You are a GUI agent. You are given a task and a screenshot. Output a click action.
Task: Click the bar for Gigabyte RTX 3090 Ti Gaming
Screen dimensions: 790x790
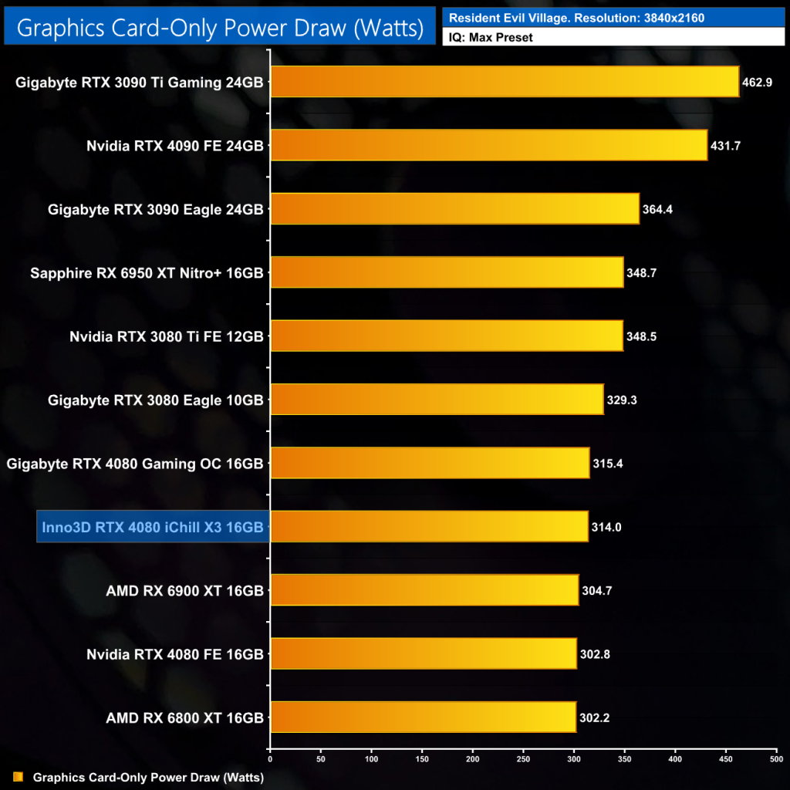505,82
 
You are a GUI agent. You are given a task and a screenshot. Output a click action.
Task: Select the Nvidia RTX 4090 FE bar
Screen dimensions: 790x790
488,145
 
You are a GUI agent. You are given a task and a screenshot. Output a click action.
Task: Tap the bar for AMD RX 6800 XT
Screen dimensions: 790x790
423,717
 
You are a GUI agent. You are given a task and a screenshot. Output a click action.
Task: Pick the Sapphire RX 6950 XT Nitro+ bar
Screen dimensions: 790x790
447,272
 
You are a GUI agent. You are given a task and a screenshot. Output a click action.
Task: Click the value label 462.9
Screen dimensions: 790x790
758,82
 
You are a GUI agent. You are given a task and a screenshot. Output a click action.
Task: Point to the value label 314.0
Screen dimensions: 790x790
606,527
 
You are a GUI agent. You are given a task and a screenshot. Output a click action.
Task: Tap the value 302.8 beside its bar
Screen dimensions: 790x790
596,654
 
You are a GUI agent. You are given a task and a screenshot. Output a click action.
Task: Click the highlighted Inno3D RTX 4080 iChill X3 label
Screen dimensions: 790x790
152,527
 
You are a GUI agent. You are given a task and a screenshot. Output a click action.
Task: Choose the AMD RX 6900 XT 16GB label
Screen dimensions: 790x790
185,591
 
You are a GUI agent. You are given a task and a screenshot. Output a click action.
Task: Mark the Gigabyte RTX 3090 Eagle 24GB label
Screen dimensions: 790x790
156,209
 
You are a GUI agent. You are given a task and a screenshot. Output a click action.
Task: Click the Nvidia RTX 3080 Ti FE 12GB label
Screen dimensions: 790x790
167,336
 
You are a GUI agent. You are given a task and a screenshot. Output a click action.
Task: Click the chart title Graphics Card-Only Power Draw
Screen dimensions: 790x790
220,28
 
